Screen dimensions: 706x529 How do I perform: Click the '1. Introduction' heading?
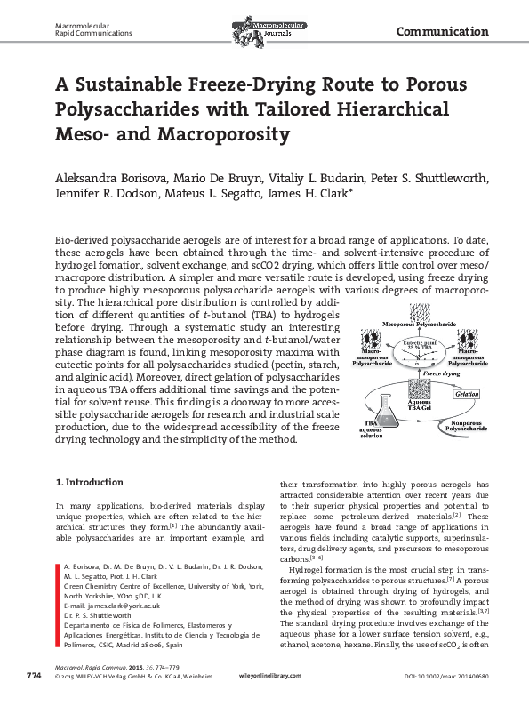pyautogui.click(x=89, y=483)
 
